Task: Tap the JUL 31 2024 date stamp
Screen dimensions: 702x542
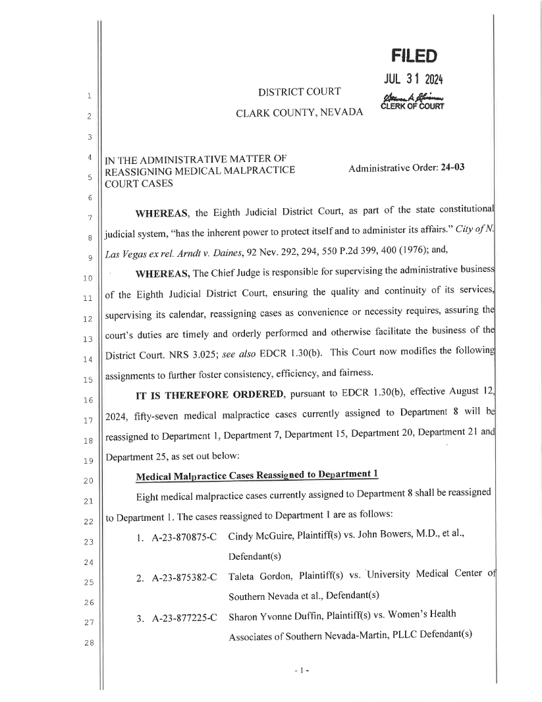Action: [x=413, y=80]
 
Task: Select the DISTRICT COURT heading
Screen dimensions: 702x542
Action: [x=299, y=91]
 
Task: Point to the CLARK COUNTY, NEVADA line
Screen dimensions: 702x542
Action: [x=300, y=113]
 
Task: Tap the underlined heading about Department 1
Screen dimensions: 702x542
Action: [x=256, y=475]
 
